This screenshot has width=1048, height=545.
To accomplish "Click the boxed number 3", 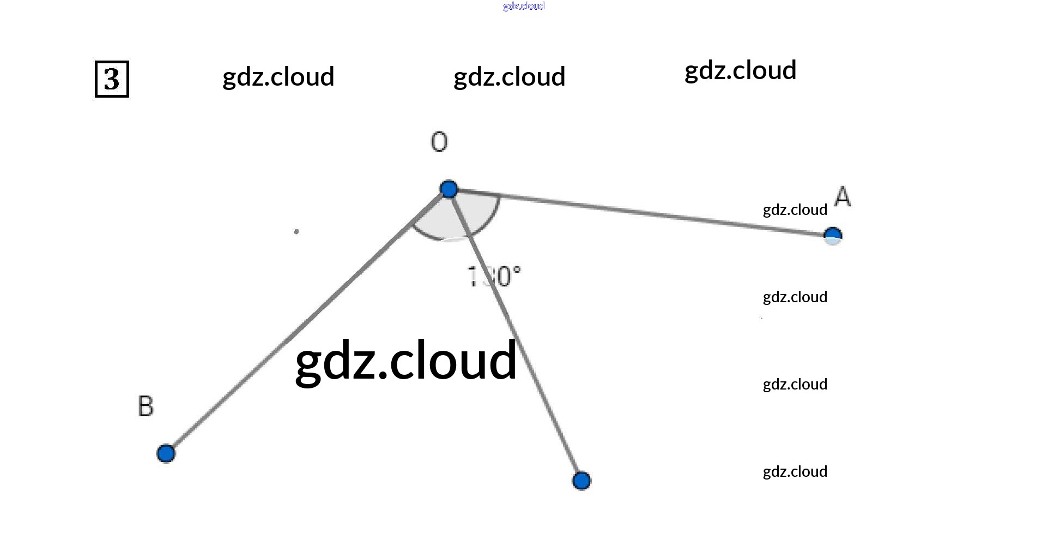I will (112, 79).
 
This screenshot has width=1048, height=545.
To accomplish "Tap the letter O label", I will (439, 142).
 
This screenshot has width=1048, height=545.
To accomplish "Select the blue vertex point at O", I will (449, 189).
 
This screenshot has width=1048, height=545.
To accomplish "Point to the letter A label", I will (843, 196).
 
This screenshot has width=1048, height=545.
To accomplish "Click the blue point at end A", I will (833, 236).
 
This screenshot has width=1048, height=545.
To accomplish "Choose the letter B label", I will (146, 406).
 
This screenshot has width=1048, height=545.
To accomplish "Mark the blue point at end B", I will (166, 453).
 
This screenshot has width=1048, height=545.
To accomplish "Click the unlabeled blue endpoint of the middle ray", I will (581, 481).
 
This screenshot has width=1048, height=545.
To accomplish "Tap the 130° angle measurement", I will (494, 277).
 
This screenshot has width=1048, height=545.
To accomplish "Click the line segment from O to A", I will (643, 213).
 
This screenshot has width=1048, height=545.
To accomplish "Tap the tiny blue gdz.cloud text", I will (524, 6).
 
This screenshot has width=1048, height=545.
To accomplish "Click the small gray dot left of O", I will (296, 232).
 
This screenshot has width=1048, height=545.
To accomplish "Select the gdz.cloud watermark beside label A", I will (795, 210).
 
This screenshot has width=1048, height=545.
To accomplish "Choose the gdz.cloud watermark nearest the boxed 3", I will (278, 77).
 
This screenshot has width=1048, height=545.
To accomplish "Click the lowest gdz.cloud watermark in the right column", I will (795, 472).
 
